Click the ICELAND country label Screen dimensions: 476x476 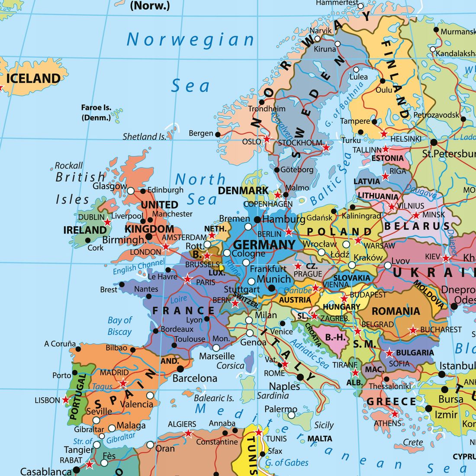(x=33, y=78)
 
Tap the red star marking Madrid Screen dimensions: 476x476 (x=123, y=383)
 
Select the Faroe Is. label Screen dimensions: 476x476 (x=96, y=112)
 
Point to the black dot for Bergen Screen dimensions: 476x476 (x=218, y=135)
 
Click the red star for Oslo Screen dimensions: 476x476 (x=267, y=139)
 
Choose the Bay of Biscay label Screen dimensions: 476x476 (x=119, y=326)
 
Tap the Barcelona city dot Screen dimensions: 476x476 (x=180, y=369)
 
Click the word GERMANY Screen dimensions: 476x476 (x=264, y=244)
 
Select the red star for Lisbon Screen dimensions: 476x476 (x=66, y=400)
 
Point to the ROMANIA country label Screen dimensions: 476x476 (x=396, y=311)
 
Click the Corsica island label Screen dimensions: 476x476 (x=230, y=366)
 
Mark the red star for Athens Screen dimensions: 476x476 (x=395, y=414)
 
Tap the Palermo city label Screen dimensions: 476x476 (x=280, y=409)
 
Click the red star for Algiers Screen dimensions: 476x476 (x=188, y=433)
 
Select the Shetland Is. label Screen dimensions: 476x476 (x=144, y=136)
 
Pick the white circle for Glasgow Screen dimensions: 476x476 (x=130, y=190)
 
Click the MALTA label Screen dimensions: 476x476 (x=320, y=438)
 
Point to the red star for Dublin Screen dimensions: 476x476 (x=107, y=222)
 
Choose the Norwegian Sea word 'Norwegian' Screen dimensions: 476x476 (x=190, y=40)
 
